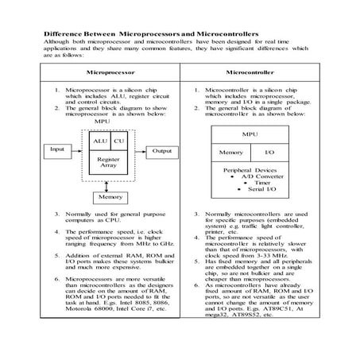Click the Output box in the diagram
tap(161, 149)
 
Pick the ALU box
tap(100, 141)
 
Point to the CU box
tap(120, 141)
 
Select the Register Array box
tap(109, 164)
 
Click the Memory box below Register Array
tap(109, 198)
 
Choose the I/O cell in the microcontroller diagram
tap(269, 151)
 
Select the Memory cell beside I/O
tap(230, 151)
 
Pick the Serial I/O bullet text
tap(257, 191)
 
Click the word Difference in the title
tap(59, 36)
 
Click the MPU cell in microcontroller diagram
tap(250, 135)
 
